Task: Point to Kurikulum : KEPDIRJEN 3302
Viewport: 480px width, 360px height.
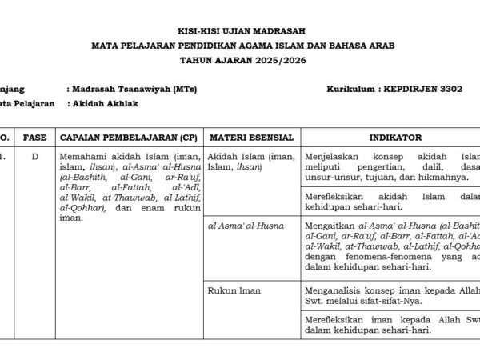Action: [394, 89]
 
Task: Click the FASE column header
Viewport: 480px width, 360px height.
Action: [34, 138]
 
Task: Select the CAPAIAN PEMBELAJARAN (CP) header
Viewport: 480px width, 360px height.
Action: [128, 138]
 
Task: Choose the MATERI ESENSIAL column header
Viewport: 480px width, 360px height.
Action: [250, 138]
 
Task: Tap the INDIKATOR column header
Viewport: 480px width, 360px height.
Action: [390, 138]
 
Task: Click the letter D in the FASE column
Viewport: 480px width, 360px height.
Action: [34, 157]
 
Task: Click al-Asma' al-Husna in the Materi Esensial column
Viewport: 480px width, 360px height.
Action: [246, 226]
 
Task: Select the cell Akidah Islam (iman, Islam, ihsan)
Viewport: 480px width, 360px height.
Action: [250, 162]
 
